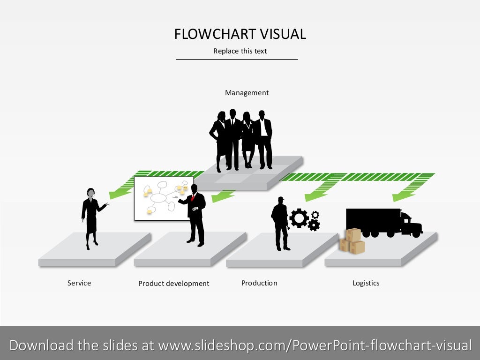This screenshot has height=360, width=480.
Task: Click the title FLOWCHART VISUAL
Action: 240,34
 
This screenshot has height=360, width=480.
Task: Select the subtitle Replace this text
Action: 240,51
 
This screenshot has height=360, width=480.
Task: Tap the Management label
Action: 247,93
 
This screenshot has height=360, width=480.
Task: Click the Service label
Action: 79,283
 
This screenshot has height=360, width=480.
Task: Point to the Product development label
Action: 173,284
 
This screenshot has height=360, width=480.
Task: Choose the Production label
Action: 259,283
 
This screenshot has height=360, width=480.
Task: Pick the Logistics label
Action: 366,283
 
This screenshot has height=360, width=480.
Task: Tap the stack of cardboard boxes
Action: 352,241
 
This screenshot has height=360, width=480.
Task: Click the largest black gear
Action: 299,218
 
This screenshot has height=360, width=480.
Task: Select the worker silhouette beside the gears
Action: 280,223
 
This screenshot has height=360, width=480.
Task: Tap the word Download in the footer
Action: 41,345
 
